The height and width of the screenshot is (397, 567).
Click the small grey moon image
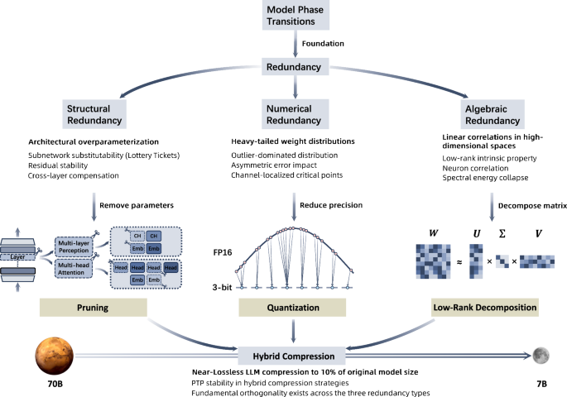pyautogui.click(x=542, y=354)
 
